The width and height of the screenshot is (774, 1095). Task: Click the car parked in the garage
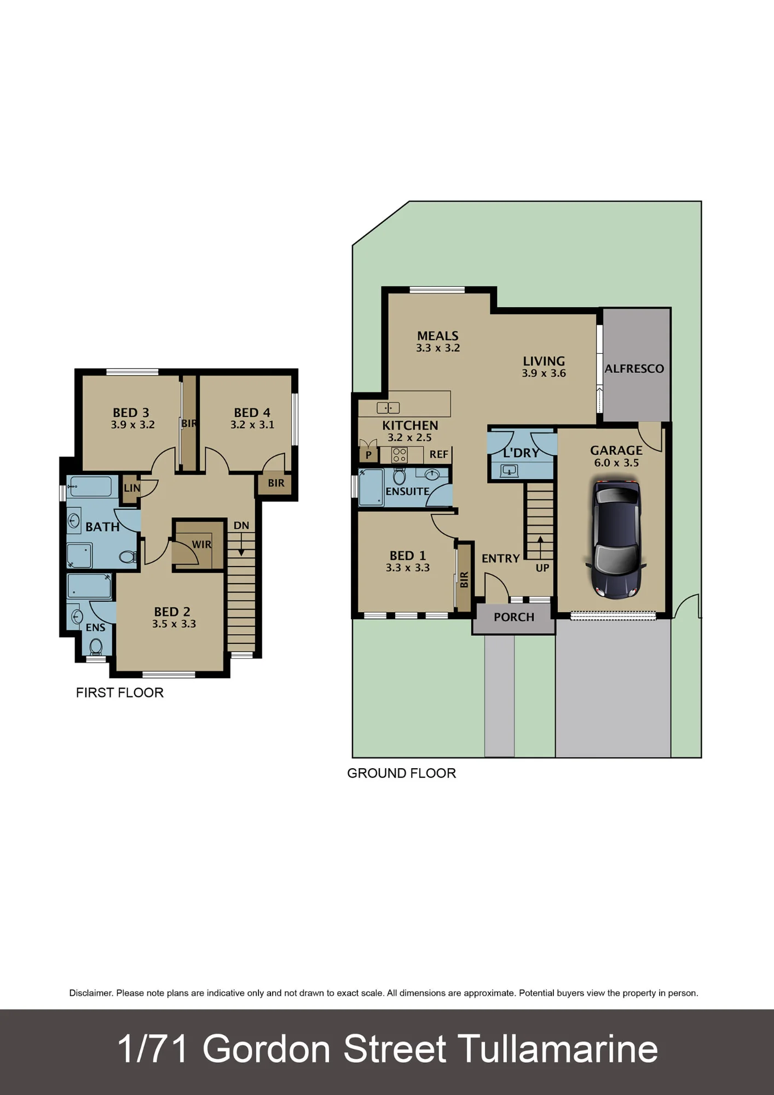pyautogui.click(x=616, y=539)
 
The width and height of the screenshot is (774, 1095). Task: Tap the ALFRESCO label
pyautogui.click(x=634, y=369)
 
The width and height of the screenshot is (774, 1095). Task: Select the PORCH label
pyautogui.click(x=514, y=617)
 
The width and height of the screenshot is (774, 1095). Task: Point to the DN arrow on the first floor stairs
pyautogui.click(x=241, y=544)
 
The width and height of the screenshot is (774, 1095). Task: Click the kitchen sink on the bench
pyautogui.click(x=388, y=408)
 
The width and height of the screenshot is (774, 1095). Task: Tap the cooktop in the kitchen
pyautogui.click(x=400, y=454)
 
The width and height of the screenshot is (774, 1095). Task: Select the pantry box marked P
pyautogui.click(x=368, y=454)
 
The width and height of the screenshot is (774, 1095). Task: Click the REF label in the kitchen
pyautogui.click(x=439, y=454)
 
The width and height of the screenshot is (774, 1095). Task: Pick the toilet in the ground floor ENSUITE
pyautogui.click(x=400, y=476)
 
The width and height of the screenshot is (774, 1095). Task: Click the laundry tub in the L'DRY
pyautogui.click(x=509, y=470)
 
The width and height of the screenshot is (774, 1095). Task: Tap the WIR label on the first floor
pyautogui.click(x=201, y=545)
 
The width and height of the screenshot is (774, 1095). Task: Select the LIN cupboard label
pyautogui.click(x=132, y=488)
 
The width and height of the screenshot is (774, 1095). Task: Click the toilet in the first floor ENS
pyautogui.click(x=96, y=647)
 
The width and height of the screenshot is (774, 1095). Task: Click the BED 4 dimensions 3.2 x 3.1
pyautogui.click(x=252, y=425)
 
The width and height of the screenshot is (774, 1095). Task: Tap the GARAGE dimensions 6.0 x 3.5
pyautogui.click(x=616, y=463)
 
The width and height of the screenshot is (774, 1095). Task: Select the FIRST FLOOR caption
pyautogui.click(x=120, y=693)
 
